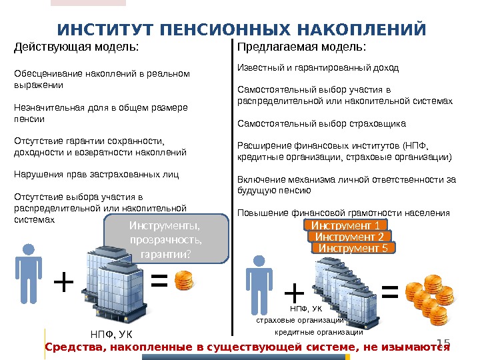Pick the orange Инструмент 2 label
(349, 237)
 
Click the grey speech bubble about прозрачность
(167, 239)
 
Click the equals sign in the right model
(390, 291)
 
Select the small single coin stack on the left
(185, 281)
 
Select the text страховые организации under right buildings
(300, 320)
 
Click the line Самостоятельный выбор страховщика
(321, 124)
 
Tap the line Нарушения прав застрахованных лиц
(97, 175)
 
